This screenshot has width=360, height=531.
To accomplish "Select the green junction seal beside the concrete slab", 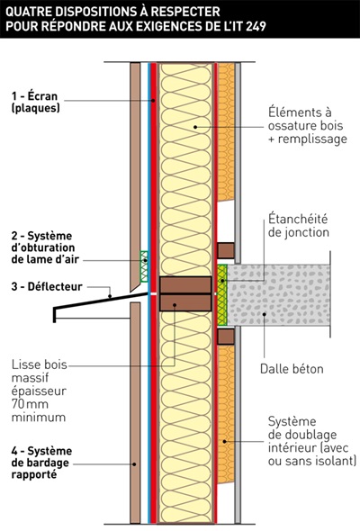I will coord(222,294).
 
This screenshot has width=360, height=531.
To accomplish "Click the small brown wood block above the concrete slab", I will coord(226,249).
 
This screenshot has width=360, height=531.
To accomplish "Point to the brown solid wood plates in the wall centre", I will coord(184,293).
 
